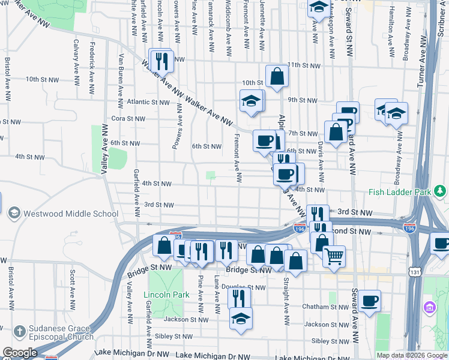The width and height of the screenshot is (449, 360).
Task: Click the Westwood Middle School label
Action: pyautogui.click(x=70, y=213)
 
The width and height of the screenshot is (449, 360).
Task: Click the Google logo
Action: pyautogui.click(x=20, y=353)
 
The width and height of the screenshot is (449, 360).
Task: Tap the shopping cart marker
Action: pyautogui.click(x=334, y=256)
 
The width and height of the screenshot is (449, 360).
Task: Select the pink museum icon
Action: pyautogui.click(x=429, y=308)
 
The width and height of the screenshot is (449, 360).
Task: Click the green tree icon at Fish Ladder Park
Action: pyautogui.click(x=441, y=191)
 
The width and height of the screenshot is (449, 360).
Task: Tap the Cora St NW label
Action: pyautogui.click(x=128, y=119)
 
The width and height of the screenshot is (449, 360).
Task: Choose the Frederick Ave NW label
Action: pyautogui.click(x=92, y=61)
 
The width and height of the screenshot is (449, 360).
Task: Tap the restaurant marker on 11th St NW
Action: pyautogui.click(x=161, y=60)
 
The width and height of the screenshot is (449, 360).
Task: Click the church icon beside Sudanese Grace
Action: pyautogui.click(x=20, y=331)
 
